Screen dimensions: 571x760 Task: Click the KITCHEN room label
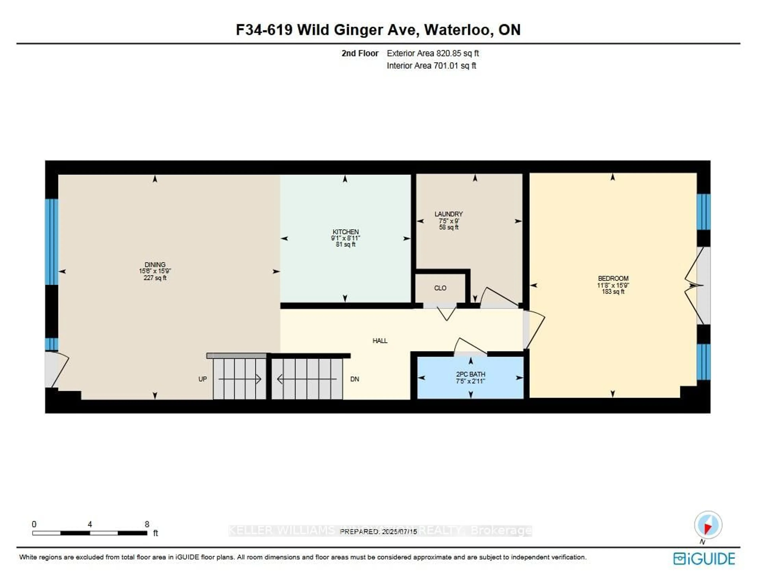pos(345,232)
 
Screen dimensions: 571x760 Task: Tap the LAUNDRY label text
pos(448,214)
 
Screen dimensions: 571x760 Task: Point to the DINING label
pos(155,264)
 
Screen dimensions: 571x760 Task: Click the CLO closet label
pos(440,288)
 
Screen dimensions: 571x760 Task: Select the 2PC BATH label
pos(470,374)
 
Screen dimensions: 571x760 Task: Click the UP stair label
pos(202,379)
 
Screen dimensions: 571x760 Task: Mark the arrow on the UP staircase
pos(240,379)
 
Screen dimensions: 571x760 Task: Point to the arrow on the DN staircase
pos(306,379)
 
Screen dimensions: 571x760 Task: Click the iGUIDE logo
pos(704,559)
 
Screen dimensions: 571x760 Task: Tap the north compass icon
pos(708,525)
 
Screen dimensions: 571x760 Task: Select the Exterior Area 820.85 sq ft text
pos(433,53)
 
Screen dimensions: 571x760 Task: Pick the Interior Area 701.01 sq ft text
pos(431,66)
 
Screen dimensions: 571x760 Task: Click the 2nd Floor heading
pos(360,53)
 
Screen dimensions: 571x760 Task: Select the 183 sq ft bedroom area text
pos(613,292)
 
